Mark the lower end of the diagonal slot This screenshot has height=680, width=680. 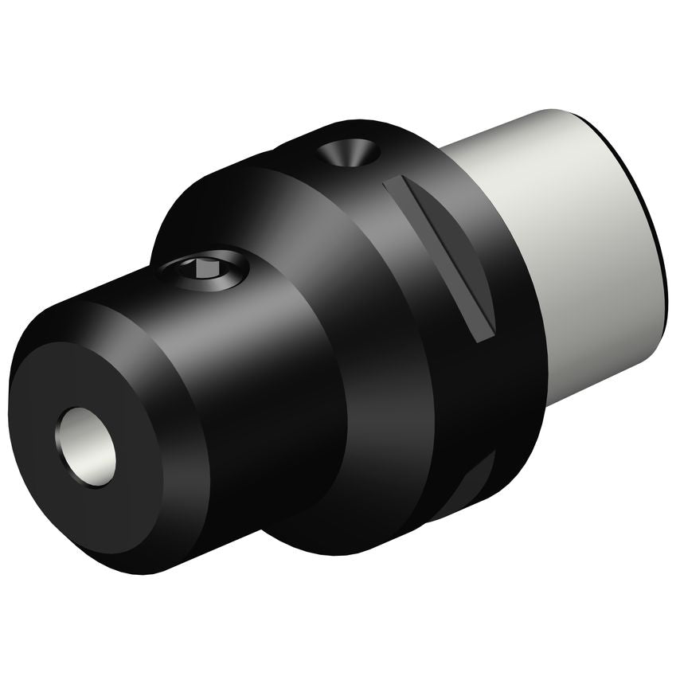(483, 334)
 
